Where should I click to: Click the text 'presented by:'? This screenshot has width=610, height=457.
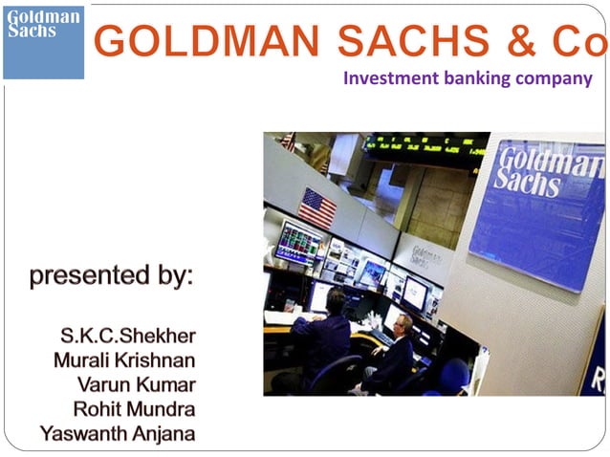[x=111, y=276]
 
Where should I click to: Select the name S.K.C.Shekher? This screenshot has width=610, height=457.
[x=128, y=337]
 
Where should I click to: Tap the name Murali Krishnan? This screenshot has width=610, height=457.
[x=125, y=361]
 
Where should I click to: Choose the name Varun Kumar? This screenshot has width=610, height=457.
[x=137, y=385]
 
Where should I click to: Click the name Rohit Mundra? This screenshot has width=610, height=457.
[x=135, y=409]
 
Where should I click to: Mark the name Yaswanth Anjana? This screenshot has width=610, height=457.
[x=118, y=434]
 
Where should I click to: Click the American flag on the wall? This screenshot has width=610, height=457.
[x=317, y=207]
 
